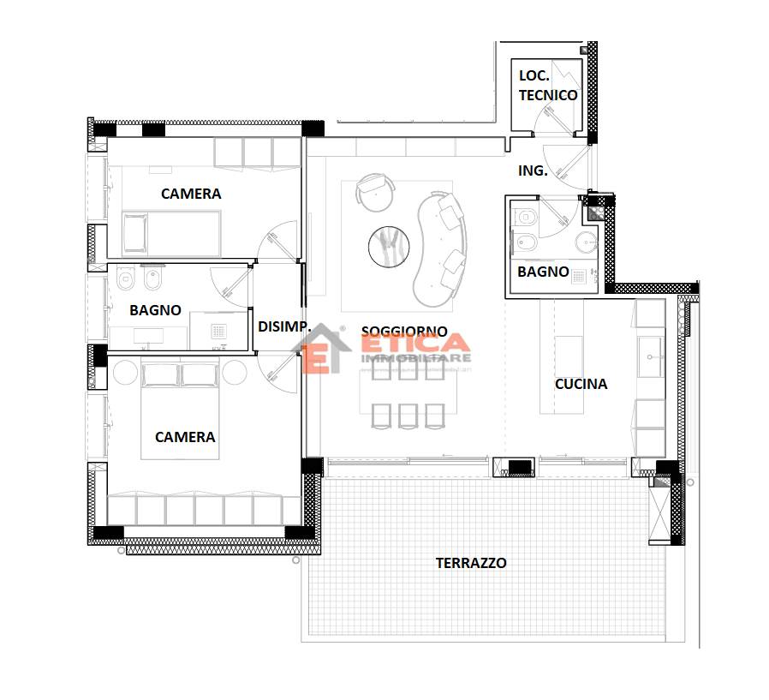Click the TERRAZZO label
click(x=471, y=563)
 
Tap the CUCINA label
click(x=581, y=384)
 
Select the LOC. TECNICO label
click(x=548, y=86)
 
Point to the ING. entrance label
click(x=533, y=171)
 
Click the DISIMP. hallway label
click(x=284, y=326)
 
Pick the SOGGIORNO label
click(x=404, y=331)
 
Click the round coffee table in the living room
click(x=389, y=247)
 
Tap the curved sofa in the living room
click(x=440, y=249)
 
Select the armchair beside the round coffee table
click(x=375, y=191)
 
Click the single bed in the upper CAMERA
click(x=171, y=234)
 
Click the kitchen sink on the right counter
click(x=651, y=356)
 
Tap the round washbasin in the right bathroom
click(x=586, y=242)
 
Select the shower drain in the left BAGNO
click(x=218, y=332)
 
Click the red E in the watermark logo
click(x=316, y=358)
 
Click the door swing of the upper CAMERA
click(x=277, y=242)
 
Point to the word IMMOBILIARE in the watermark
click(x=416, y=359)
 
